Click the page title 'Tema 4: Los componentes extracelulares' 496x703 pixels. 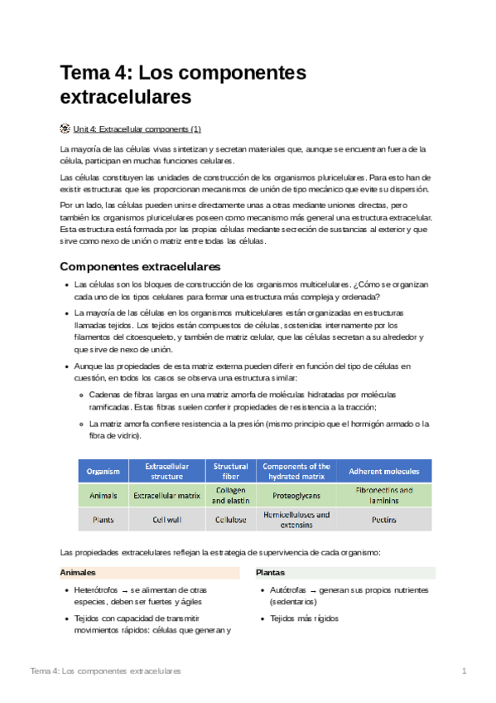coord(183,85)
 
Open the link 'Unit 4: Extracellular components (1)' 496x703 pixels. coord(137,129)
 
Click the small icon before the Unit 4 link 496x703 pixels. coord(65,129)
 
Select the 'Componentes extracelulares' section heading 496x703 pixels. coord(140,267)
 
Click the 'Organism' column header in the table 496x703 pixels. coord(104,472)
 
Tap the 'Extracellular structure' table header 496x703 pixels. coord(166,472)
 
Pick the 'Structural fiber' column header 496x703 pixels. coord(230,472)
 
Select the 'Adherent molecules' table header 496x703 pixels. coord(383,472)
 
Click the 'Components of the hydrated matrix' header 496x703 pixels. coord(296,472)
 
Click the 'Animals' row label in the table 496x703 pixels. coord(104,496)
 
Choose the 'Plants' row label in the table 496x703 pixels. coord(104,520)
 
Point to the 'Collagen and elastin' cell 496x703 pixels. coord(230,496)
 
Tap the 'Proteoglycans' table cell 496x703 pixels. coord(296,496)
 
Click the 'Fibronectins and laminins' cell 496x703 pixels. coord(383,496)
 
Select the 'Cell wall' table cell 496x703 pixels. coord(166,520)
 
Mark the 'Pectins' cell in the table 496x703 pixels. coord(383,520)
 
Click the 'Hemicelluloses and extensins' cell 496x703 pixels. coord(296,520)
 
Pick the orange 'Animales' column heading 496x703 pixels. coord(78,573)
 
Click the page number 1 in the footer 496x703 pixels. coord(465,670)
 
